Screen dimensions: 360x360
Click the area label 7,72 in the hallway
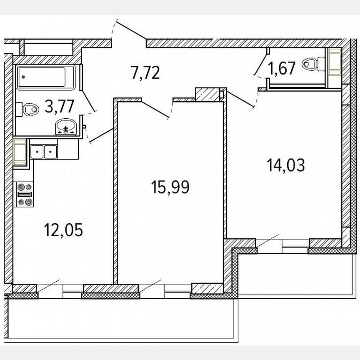click(x=145, y=73)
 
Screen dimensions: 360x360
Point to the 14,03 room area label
click(x=286, y=165)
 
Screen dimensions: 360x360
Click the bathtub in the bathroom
click(x=46, y=77)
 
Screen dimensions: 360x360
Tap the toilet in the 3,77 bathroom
click(x=28, y=110)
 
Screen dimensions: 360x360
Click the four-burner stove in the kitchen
click(x=24, y=195)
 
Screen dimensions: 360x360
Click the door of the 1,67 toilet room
click(x=261, y=62)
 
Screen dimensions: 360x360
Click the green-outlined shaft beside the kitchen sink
click(x=20, y=152)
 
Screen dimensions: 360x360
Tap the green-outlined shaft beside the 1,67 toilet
click(x=334, y=62)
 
